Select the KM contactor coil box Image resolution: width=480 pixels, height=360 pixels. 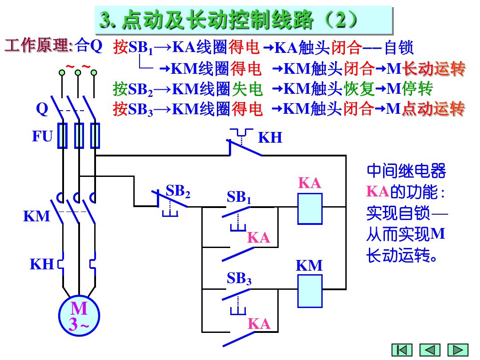pyautogui.click(x=310, y=291)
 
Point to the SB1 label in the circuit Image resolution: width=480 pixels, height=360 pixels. pyautogui.click(x=239, y=197)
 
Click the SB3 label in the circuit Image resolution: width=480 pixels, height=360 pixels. pyautogui.click(x=239, y=279)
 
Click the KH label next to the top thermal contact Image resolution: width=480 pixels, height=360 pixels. pyautogui.click(x=270, y=138)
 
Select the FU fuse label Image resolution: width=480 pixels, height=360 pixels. pyautogui.click(x=42, y=136)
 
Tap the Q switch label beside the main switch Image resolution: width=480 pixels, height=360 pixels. pyautogui.click(x=42, y=109)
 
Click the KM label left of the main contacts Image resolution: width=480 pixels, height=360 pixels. pyautogui.click(x=36, y=216)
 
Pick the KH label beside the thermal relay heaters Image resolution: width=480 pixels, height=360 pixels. pyautogui.click(x=42, y=264)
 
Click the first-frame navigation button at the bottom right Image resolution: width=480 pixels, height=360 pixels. pyautogui.click(x=401, y=350)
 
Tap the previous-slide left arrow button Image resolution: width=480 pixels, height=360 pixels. pyautogui.click(x=429, y=350)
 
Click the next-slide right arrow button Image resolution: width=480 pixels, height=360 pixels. pyautogui.click(x=457, y=350)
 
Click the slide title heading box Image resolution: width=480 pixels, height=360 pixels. pyautogui.click(x=244, y=20)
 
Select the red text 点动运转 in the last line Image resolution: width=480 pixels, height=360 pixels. pyautogui.click(x=433, y=109)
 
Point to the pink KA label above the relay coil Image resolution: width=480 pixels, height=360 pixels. pyautogui.click(x=310, y=184)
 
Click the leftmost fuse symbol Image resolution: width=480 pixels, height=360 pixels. pyautogui.click(x=63, y=136)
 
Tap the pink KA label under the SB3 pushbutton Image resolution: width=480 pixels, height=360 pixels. pyautogui.click(x=259, y=324)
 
